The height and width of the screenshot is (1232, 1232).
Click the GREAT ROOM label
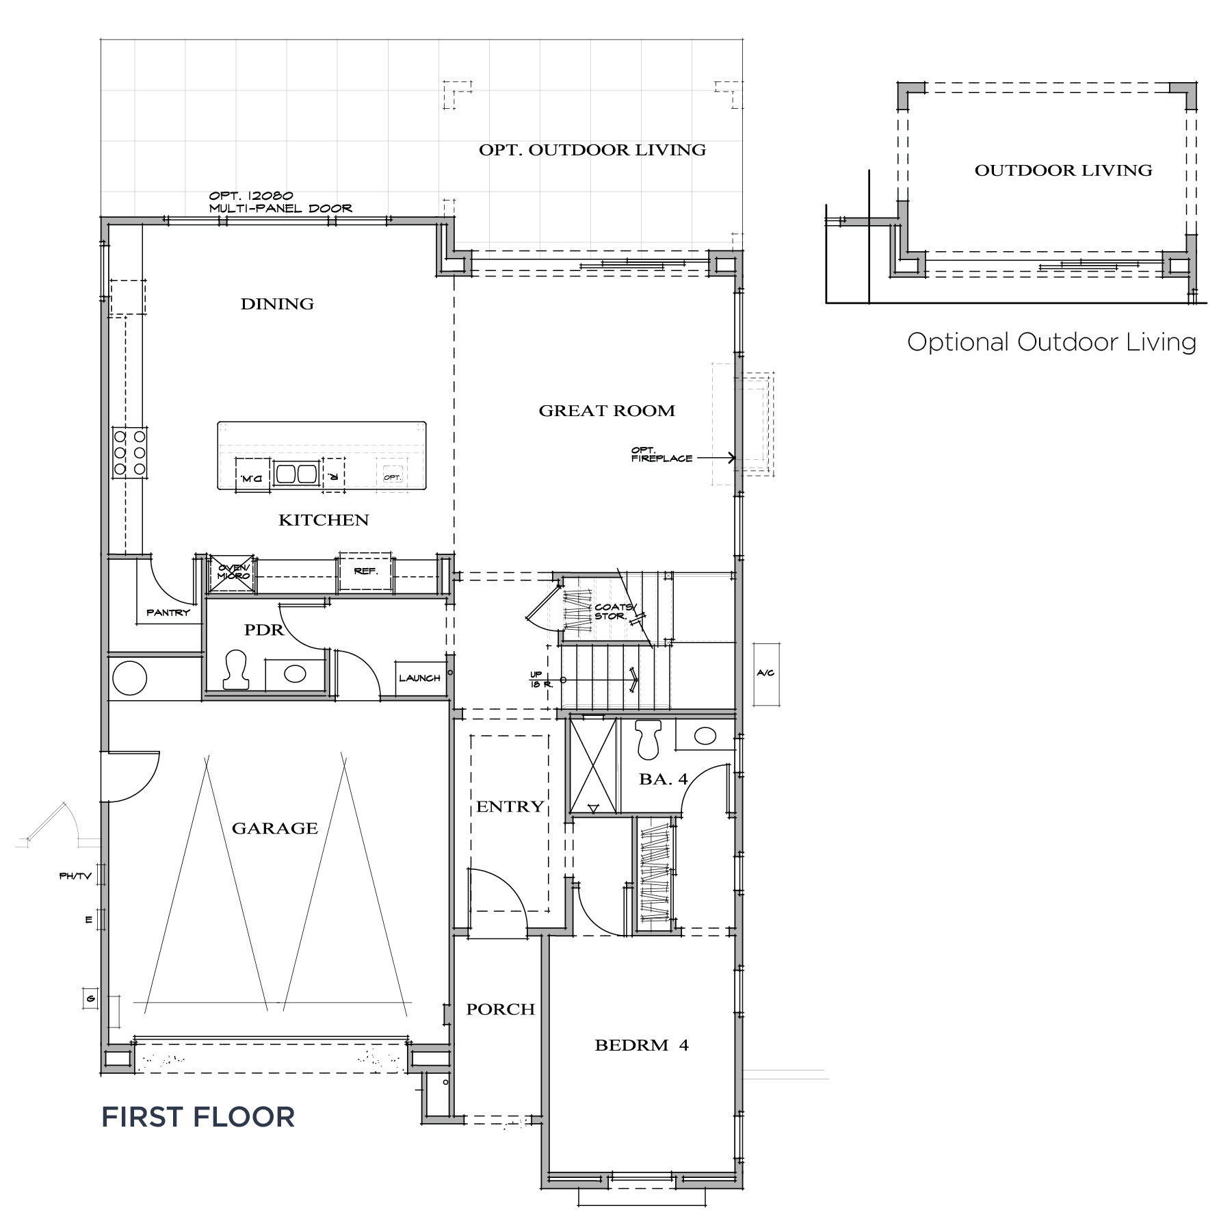(606, 411)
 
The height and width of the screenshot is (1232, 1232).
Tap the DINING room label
(277, 304)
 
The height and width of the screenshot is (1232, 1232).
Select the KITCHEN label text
(324, 520)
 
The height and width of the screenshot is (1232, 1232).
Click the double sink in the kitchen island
(296, 474)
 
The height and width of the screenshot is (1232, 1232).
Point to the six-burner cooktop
(129, 452)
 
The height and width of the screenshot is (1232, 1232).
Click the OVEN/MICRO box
(231, 572)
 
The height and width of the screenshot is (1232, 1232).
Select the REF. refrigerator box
(365, 572)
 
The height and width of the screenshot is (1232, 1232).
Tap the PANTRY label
(168, 613)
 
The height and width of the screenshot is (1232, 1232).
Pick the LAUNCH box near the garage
(419, 678)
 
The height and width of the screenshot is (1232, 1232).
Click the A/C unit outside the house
(765, 673)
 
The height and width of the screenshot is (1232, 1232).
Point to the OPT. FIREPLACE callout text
(661, 454)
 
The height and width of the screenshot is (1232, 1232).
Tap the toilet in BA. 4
(647, 739)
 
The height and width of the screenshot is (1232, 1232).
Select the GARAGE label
(274, 828)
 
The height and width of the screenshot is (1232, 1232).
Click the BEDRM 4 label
(641, 1045)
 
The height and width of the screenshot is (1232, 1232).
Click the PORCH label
(500, 1010)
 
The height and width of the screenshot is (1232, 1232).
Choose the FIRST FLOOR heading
(198, 1117)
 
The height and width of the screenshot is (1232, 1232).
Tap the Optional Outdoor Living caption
(1051, 342)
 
